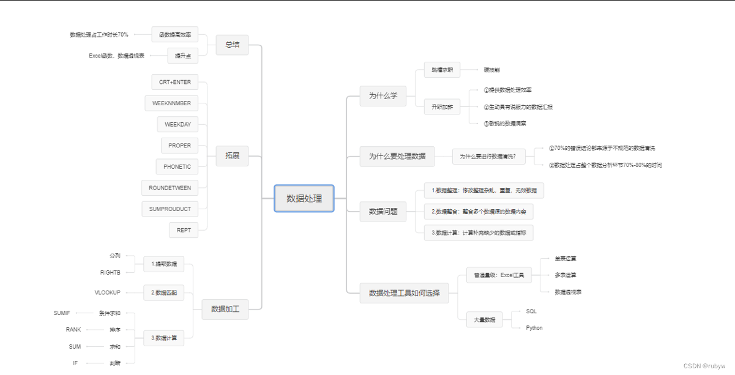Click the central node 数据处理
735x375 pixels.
pyautogui.click(x=304, y=198)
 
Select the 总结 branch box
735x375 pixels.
pyautogui.click(x=232, y=45)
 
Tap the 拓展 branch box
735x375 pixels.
pyautogui.click(x=232, y=156)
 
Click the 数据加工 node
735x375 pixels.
pyautogui.click(x=225, y=310)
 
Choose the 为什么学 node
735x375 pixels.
pyautogui.click(x=383, y=96)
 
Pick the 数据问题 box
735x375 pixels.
pyautogui.click(x=383, y=211)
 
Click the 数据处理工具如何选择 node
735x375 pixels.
pyautogui.click(x=404, y=294)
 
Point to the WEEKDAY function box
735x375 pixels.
pyautogui.click(x=177, y=125)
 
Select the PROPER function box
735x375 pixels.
pyautogui.click(x=179, y=146)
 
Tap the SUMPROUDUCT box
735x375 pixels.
pyautogui.click(x=170, y=209)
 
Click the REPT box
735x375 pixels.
pyautogui.click(x=184, y=231)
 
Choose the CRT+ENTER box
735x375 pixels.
pyautogui.click(x=175, y=82)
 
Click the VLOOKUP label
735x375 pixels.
pyautogui.click(x=108, y=293)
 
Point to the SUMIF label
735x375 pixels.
pyautogui.click(x=62, y=313)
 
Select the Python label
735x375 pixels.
pyautogui.click(x=534, y=328)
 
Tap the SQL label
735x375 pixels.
pyautogui.click(x=531, y=311)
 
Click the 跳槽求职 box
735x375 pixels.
pyautogui.click(x=442, y=70)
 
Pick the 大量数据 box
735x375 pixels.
pyautogui.click(x=485, y=319)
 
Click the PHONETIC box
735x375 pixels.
pyautogui.click(x=177, y=167)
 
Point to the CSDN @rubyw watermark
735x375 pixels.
pyautogui.click(x=704, y=366)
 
